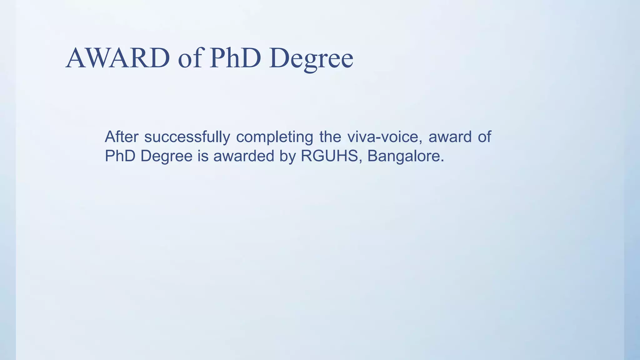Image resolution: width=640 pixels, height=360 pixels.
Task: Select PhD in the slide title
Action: click(235, 58)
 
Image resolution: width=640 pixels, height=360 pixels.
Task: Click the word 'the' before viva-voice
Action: click(330, 137)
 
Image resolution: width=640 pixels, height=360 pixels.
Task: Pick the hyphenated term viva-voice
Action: click(385, 137)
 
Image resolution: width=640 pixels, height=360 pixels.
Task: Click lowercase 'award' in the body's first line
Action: click(450, 137)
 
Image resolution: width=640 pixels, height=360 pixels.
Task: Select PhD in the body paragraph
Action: click(120, 156)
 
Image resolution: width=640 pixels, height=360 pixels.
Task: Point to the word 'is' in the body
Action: click(203, 156)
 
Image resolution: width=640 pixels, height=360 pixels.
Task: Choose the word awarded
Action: click(244, 156)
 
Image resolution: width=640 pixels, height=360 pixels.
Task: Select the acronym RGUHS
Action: click(329, 156)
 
